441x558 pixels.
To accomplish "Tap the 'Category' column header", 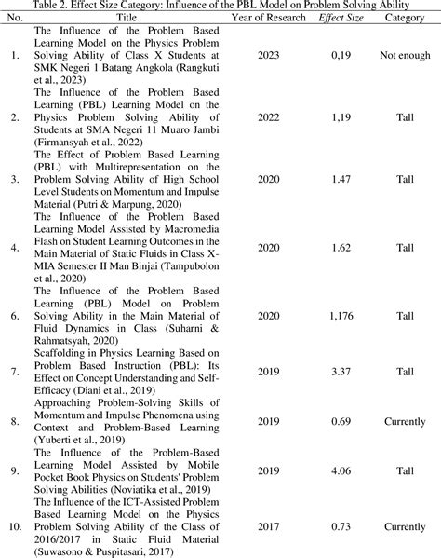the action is [405, 17].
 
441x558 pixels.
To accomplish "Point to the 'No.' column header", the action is [16, 17].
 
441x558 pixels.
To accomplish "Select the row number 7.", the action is [14, 372].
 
